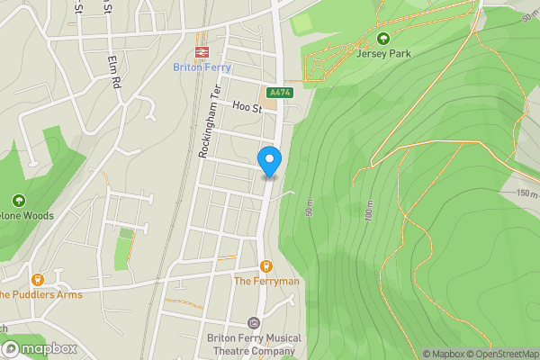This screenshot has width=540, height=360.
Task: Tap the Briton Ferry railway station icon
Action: coord(202,52)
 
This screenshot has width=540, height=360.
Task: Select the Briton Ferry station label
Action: coord(202,67)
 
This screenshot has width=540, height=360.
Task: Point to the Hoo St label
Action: coord(246,107)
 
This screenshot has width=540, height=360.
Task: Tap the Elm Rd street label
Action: coord(114,70)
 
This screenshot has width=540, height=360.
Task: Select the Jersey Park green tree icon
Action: coord(383,39)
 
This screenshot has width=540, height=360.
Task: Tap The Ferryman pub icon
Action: coord(266,265)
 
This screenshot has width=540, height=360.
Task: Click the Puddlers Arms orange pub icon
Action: coord(38,280)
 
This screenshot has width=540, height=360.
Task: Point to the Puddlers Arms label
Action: coord(40,294)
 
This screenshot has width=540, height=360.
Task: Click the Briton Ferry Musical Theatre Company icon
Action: coord(254,323)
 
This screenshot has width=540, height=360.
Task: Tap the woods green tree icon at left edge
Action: coord(18,201)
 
